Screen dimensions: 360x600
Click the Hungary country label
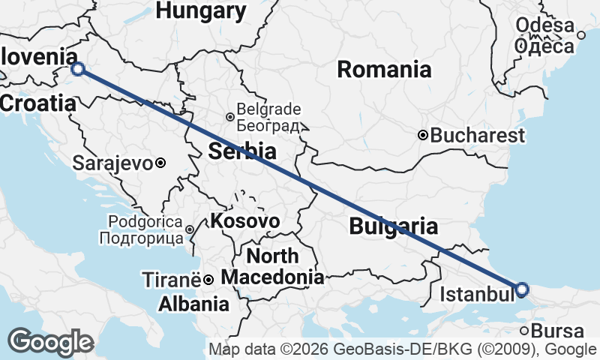pos(201,10)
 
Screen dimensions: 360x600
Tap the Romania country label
pos(384,70)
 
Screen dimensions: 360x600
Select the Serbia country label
pos(242,151)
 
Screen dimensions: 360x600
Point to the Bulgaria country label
pos(393,225)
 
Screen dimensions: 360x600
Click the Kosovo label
pos(245,221)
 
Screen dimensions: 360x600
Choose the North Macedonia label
pos(272,266)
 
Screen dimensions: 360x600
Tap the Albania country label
pos(193,304)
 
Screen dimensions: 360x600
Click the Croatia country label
pos(38,103)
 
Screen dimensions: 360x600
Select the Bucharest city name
pos(478,136)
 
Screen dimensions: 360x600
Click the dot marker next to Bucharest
pos(423,136)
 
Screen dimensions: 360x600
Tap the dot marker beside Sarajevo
pos(160,162)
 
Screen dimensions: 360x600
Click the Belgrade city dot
pos(230,116)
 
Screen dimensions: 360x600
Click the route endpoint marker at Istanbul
pos(522,289)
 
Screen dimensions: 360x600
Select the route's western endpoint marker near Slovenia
pos(78,70)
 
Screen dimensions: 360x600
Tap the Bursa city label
pos(556,331)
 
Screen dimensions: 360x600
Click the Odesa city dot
pos(581,34)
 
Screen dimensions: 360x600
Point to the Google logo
pos(50,342)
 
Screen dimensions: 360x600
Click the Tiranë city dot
pos(208,280)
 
